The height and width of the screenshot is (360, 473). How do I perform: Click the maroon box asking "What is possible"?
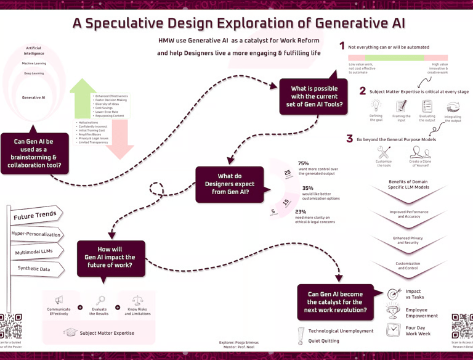[x=314, y=97]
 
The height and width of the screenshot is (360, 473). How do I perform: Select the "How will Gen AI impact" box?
[x=111, y=257]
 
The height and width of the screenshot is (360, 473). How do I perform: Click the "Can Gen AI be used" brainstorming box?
[x=33, y=153]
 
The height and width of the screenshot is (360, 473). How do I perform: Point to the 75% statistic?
[x=303, y=163]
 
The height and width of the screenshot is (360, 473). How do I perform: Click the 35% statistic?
[x=307, y=188]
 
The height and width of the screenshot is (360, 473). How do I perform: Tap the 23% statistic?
[x=301, y=211]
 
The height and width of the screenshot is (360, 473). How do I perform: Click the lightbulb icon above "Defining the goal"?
[x=376, y=106]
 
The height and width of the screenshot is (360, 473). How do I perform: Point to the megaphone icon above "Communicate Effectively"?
[x=59, y=300]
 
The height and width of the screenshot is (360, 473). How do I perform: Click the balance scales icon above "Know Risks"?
[x=137, y=300]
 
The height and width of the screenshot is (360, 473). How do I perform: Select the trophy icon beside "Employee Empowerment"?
[x=394, y=312]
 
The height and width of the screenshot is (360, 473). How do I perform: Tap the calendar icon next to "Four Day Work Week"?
[x=393, y=330]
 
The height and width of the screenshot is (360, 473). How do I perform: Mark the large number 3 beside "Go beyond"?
[x=349, y=139]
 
